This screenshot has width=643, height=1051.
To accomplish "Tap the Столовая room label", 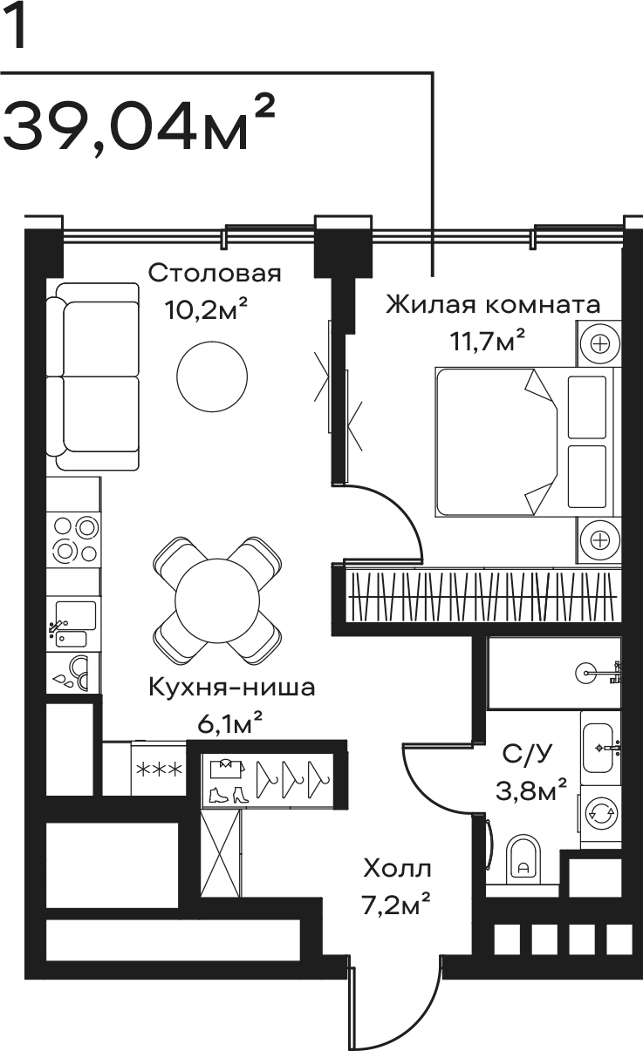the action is point(215,273).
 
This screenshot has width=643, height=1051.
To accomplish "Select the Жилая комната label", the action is point(493,304).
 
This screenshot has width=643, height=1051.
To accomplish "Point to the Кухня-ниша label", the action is point(231,688).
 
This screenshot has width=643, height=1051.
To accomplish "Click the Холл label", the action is point(397,869).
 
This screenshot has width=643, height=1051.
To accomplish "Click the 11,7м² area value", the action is point(487,340).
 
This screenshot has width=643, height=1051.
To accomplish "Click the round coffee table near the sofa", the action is point(212,376).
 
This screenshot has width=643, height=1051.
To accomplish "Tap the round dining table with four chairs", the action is point(217,600).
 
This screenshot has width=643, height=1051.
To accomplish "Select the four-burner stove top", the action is point(74,539).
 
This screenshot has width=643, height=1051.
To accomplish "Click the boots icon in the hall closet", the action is point(229,794).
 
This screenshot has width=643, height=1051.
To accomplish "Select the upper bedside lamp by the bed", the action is point(599,344).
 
